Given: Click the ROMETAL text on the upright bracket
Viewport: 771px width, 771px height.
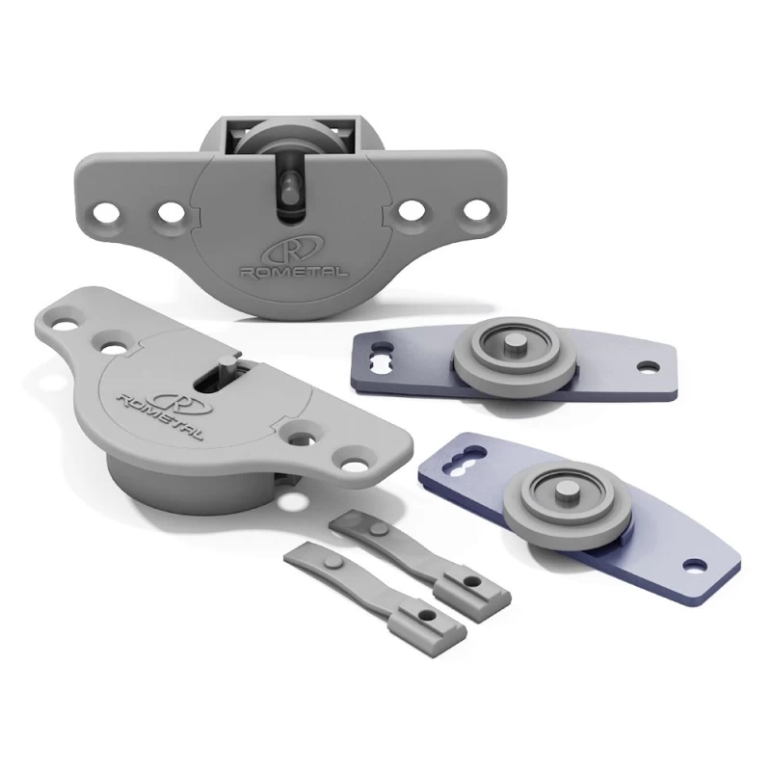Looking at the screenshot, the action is pyautogui.click(x=293, y=272).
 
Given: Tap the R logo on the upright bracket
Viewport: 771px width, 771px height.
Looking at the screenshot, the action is pyautogui.click(x=294, y=251).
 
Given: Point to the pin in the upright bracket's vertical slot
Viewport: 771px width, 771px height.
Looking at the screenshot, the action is pyautogui.click(x=287, y=184).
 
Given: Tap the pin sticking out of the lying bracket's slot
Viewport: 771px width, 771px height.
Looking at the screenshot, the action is pyautogui.click(x=227, y=366).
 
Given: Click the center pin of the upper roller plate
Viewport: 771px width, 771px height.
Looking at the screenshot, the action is pyautogui.click(x=514, y=343).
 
